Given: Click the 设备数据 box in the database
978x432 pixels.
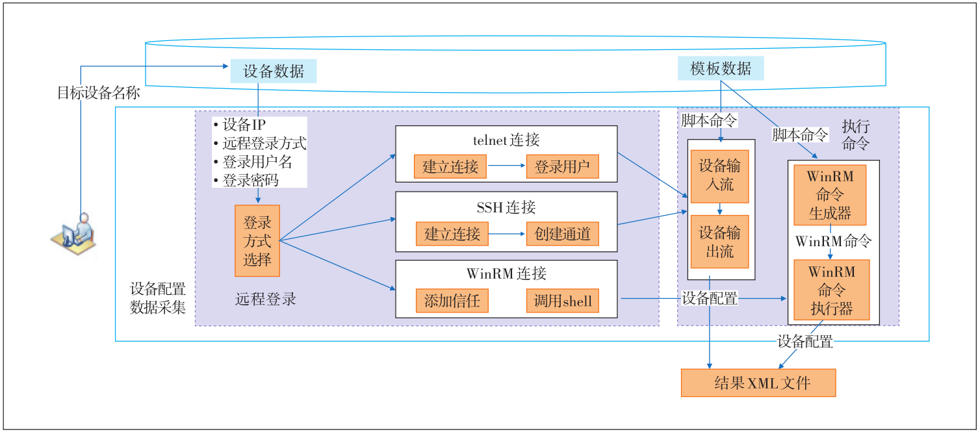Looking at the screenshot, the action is (274, 71).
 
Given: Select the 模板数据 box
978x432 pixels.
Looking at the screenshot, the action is (721, 68).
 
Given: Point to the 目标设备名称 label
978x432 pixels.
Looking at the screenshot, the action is (98, 92).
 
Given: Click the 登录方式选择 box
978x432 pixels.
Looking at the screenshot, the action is (257, 241).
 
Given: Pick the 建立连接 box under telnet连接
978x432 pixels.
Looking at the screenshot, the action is (450, 166).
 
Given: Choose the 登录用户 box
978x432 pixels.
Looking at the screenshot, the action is (562, 166).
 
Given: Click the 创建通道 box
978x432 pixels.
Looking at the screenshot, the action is (562, 234).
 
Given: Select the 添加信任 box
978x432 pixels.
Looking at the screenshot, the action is (452, 301).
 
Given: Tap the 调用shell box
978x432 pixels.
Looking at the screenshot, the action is (562, 301).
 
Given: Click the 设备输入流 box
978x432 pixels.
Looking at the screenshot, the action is (719, 176).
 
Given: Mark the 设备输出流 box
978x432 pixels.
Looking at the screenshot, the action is (719, 241).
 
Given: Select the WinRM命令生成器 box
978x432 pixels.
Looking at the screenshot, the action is (830, 195).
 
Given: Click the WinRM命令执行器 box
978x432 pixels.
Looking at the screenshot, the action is (831, 290).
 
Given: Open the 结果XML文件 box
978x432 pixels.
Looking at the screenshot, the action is (758, 383).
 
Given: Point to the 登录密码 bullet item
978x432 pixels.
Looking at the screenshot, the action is (246, 180).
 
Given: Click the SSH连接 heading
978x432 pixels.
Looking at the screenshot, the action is (506, 207).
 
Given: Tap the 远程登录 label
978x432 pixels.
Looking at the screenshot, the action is (265, 299).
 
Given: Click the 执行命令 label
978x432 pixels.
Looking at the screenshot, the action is (855, 135).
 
